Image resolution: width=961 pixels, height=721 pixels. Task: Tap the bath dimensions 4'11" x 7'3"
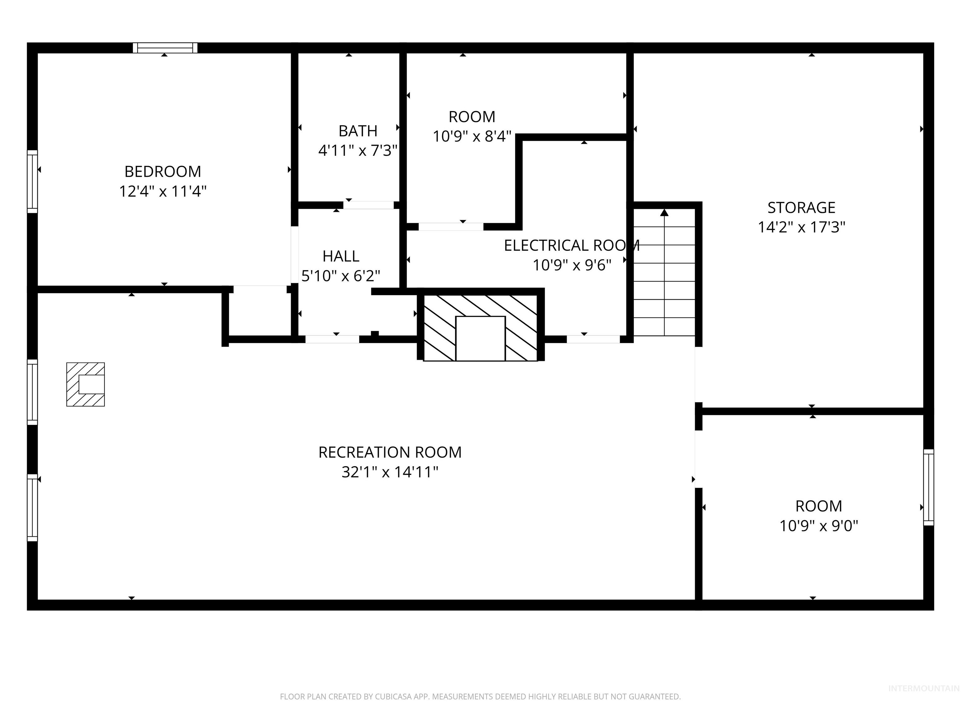pos(358,151)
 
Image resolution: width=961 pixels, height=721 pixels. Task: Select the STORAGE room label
pos(801,208)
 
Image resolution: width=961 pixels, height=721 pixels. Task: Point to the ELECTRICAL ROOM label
pos(571,246)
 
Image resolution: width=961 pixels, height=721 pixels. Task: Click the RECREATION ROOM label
pos(390,453)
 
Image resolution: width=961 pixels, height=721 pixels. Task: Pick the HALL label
pos(341,256)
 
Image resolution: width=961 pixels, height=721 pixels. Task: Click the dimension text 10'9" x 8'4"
pos(472,136)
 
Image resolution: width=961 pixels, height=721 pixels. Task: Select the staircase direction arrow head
pos(664,212)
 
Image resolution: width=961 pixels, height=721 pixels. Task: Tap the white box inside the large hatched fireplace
pos(480,339)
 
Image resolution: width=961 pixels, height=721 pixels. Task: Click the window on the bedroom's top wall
pos(165,48)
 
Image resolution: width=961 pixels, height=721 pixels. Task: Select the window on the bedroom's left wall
pos(32,182)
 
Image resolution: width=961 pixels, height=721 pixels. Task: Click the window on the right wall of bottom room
pos(928,487)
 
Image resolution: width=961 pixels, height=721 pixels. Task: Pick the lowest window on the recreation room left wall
pos(32,508)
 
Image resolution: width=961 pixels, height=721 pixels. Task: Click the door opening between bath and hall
pos(369,205)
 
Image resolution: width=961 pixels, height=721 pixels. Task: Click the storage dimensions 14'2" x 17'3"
pos(801,227)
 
